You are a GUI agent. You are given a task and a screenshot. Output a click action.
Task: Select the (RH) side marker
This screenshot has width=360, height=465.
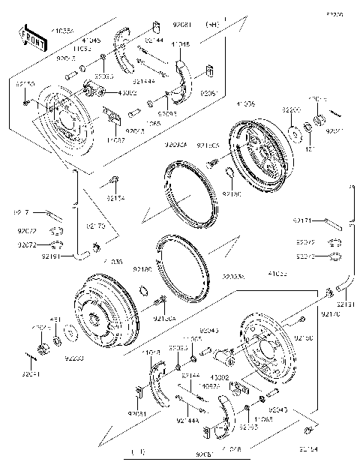[x=212, y=24]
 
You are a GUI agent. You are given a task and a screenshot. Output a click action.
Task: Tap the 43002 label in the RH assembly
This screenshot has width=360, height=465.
[x=107, y=93]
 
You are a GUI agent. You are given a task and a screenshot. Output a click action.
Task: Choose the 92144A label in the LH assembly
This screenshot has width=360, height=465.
[x=187, y=421]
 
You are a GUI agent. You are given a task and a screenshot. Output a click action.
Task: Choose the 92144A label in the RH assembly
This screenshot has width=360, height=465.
[x=142, y=79]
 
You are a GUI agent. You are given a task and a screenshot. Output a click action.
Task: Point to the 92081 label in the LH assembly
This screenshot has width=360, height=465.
[x=136, y=413]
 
